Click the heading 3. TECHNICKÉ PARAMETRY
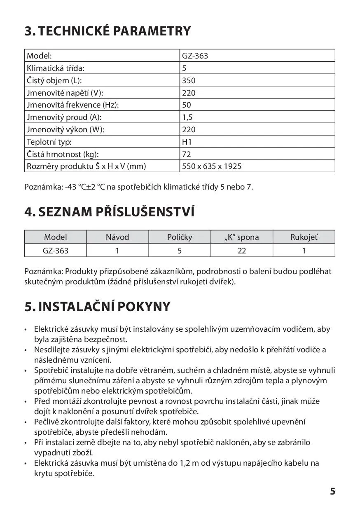tap(108, 31)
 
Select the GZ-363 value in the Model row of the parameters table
tap(195, 56)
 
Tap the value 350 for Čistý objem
tap(189, 80)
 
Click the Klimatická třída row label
tap(58, 68)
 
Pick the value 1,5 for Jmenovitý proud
tap(187, 117)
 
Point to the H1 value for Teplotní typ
tap(187, 142)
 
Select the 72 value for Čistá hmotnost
tap(186, 154)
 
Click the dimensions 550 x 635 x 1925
tap(212, 166)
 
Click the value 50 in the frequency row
tap(187, 105)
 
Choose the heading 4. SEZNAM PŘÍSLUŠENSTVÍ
tap(109, 212)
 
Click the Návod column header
tap(117, 237)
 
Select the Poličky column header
tap(180, 237)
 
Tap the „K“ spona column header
tap(242, 237)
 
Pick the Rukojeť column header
tap(304, 237)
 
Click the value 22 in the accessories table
tap(242, 250)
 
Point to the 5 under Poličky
tap(180, 250)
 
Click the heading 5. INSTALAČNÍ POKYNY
tap(97, 307)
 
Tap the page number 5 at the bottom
tap(332, 491)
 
